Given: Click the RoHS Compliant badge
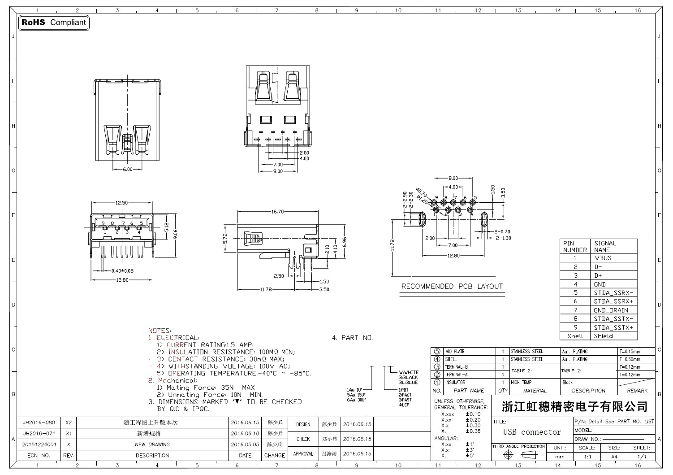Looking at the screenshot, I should (x=54, y=22).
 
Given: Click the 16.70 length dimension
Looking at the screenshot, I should (x=277, y=212).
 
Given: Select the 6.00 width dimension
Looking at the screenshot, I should (x=128, y=169).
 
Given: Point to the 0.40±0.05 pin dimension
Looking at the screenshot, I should (x=122, y=271).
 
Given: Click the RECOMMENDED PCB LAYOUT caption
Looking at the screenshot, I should (x=452, y=287).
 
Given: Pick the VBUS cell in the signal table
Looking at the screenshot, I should (x=603, y=258).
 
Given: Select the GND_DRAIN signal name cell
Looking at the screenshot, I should (x=611, y=310).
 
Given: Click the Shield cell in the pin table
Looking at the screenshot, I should (x=603, y=336).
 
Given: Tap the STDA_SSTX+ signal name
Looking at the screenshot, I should (x=613, y=327).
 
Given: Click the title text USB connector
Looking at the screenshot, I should (x=532, y=432).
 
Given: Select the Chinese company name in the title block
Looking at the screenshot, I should (x=574, y=407).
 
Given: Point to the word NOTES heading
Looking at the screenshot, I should (x=159, y=331).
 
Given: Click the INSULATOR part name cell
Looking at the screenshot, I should (x=455, y=383).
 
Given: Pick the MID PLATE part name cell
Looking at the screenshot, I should (x=455, y=352).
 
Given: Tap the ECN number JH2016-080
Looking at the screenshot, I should (x=39, y=423).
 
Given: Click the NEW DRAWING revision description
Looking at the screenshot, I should (x=152, y=444).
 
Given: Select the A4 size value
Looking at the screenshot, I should (x=614, y=457).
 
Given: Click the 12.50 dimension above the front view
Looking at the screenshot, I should (x=121, y=203).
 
